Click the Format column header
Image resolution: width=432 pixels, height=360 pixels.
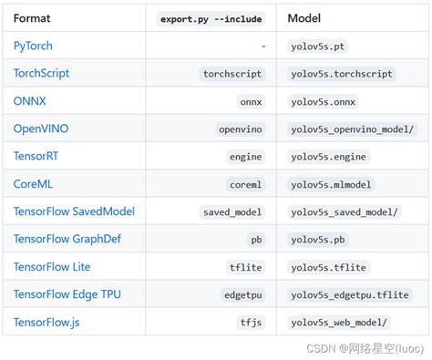point(32,17)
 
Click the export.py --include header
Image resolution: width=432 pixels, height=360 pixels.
point(210,17)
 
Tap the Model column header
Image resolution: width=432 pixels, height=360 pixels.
point(304,17)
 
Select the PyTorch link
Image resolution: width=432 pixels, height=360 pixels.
point(35,46)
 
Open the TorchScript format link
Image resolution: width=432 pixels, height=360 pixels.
point(41,73)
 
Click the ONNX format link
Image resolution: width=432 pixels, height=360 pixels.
point(30,101)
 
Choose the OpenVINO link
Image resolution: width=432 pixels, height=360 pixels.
point(40,129)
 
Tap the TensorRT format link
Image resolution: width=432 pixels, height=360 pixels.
point(36,156)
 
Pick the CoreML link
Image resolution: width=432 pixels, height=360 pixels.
point(33,184)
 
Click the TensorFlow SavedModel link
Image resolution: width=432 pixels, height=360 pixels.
point(74,211)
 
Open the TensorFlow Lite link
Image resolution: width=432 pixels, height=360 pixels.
point(54,267)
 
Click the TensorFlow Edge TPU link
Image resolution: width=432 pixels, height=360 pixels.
point(67,294)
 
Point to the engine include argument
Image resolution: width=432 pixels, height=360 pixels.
point(245,157)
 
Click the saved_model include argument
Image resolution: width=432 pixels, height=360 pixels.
point(231,212)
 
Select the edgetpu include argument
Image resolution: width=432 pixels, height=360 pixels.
point(242,295)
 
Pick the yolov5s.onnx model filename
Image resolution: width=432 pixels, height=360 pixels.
point(324,101)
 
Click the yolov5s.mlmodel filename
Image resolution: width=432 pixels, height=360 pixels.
point(331,184)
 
